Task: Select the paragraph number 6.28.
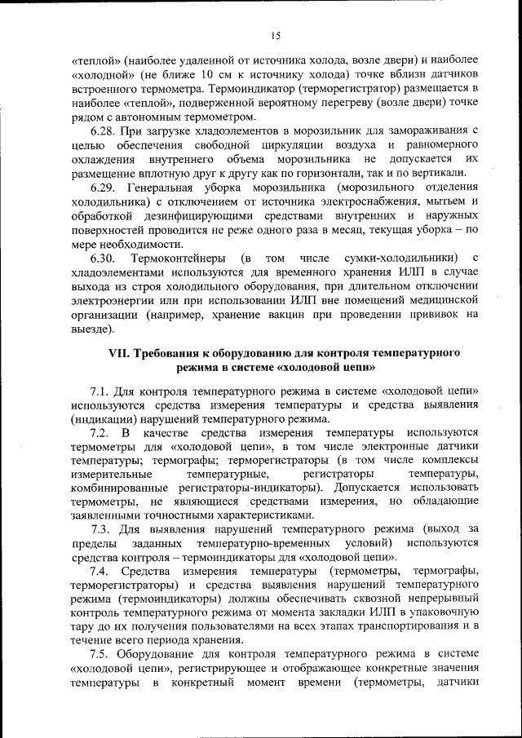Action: click(103, 130)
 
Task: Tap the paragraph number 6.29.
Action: click(103, 188)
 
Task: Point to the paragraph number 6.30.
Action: click(103, 259)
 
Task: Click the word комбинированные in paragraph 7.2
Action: click(119, 488)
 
